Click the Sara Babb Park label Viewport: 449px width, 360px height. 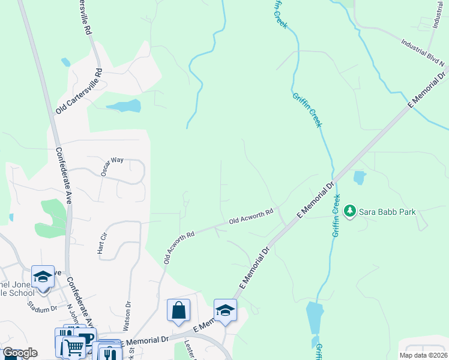384,211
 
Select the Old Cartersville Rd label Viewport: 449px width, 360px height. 79,91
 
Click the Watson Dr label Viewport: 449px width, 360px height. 127,316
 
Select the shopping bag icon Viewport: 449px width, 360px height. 179,311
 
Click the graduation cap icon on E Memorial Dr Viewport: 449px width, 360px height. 225,310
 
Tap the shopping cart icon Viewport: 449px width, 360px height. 74,347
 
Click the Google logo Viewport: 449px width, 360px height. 20,353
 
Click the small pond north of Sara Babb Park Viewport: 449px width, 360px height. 360,178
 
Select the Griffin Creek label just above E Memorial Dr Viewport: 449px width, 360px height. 307,109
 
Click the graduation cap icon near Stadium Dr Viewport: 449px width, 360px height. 43,277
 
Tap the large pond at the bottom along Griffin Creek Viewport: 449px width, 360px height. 314,317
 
